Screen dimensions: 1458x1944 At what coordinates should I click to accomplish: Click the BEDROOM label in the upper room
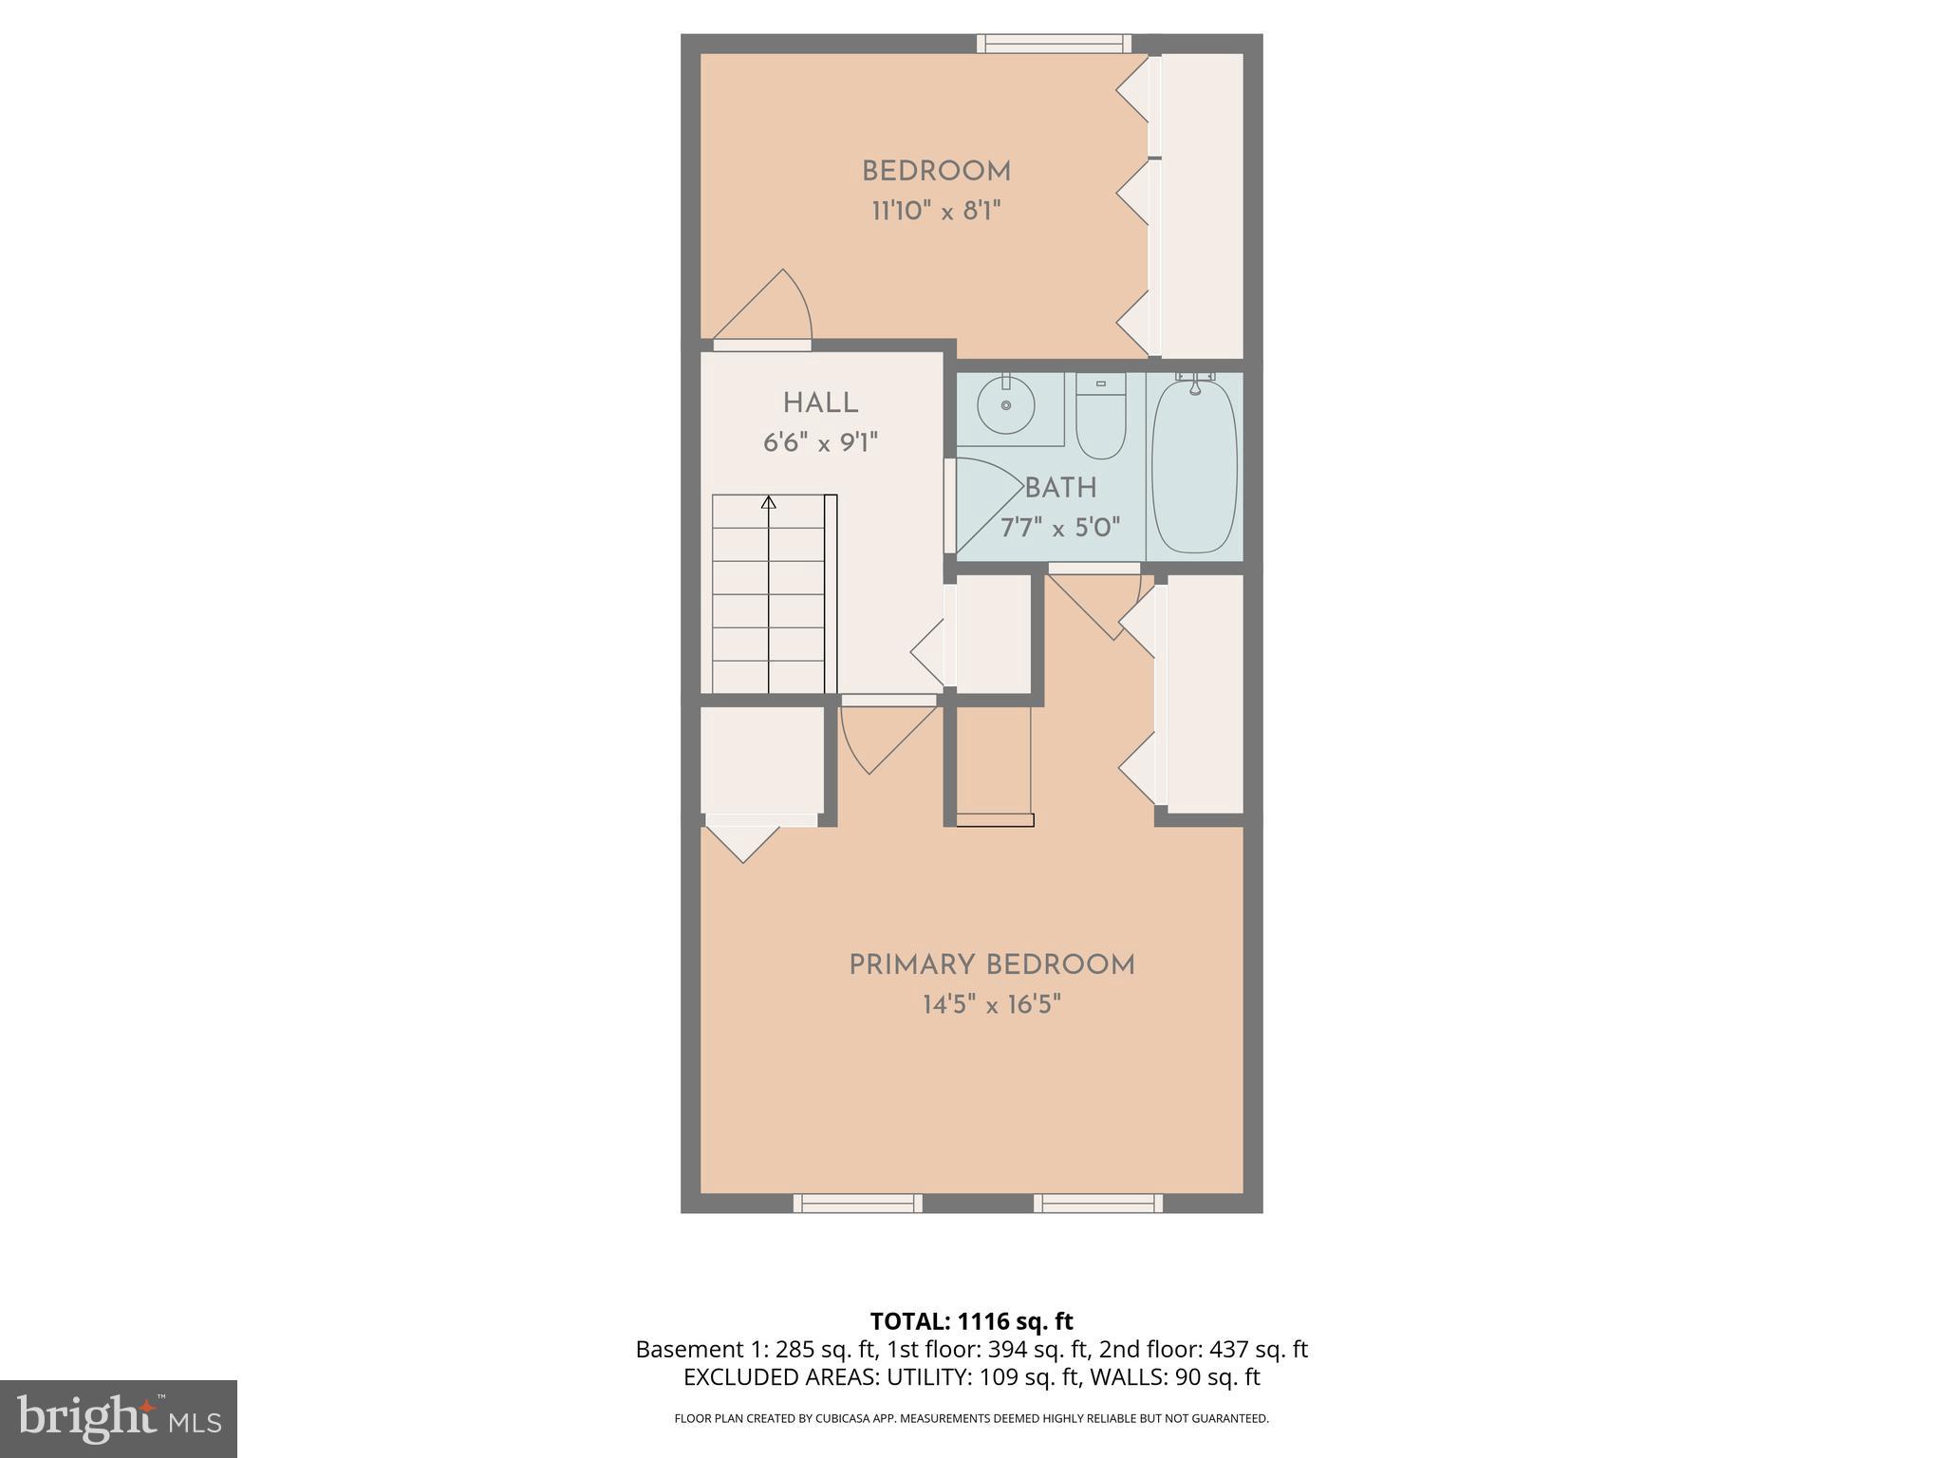pyautogui.click(x=936, y=172)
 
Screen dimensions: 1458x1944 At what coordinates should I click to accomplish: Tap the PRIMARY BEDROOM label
pyautogui.click(x=991, y=965)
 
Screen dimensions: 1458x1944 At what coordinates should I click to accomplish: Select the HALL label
pyautogui.click(x=820, y=403)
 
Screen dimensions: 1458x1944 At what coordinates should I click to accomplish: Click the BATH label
pyautogui.click(x=1060, y=489)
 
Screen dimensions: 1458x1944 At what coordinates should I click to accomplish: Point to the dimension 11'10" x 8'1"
pyautogui.click(x=936, y=211)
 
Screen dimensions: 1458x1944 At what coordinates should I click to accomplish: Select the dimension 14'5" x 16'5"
pyautogui.click(x=991, y=1004)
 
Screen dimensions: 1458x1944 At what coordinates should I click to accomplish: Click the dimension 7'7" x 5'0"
pyautogui.click(x=1060, y=528)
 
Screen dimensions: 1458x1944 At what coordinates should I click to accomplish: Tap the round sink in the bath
pyautogui.click(x=1005, y=405)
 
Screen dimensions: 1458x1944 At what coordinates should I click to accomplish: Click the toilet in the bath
pyautogui.click(x=1100, y=418)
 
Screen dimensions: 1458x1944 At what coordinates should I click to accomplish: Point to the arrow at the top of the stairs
pyautogui.click(x=768, y=501)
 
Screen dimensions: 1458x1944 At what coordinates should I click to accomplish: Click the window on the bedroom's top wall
pyautogui.click(x=1054, y=43)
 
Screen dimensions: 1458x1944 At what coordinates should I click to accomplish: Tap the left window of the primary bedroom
pyautogui.click(x=857, y=1203)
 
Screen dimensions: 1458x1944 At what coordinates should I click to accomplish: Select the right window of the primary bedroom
pyautogui.click(x=1097, y=1203)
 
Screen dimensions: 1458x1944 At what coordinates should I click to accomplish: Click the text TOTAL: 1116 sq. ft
pyautogui.click(x=971, y=1321)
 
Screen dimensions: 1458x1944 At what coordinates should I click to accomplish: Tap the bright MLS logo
pyautogui.click(x=118, y=1418)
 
